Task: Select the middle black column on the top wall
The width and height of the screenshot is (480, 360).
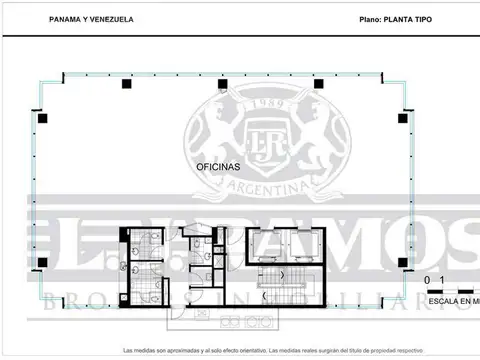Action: [222, 84]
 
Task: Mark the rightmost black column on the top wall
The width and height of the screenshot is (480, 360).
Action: [318, 84]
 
